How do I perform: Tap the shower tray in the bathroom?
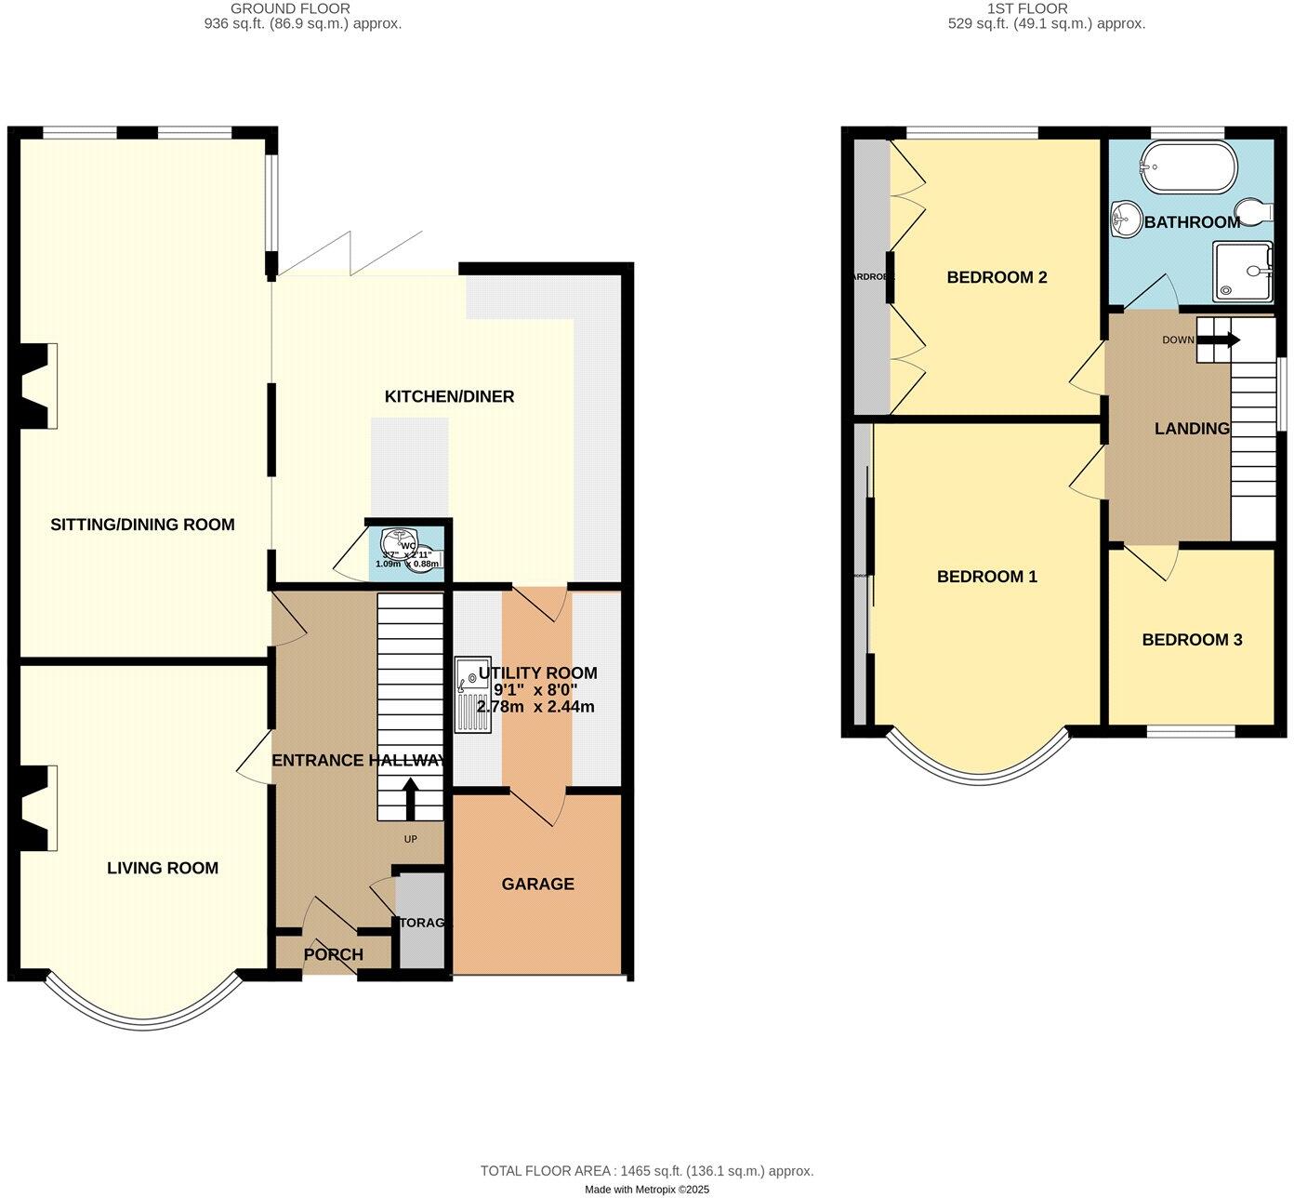pyautogui.click(x=1243, y=271)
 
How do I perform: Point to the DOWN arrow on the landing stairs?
pyautogui.click(x=1218, y=340)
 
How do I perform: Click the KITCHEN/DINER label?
pyautogui.click(x=449, y=397)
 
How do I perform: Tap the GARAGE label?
pyautogui.click(x=537, y=885)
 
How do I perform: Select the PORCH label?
pyautogui.click(x=333, y=954)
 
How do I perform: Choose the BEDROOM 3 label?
pyautogui.click(x=1192, y=640)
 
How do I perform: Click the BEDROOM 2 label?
pyautogui.click(x=997, y=277)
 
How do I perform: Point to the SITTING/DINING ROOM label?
pyautogui.click(x=142, y=525)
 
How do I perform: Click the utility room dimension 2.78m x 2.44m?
pyautogui.click(x=535, y=707)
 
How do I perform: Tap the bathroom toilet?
pyautogui.click(x=1255, y=212)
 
